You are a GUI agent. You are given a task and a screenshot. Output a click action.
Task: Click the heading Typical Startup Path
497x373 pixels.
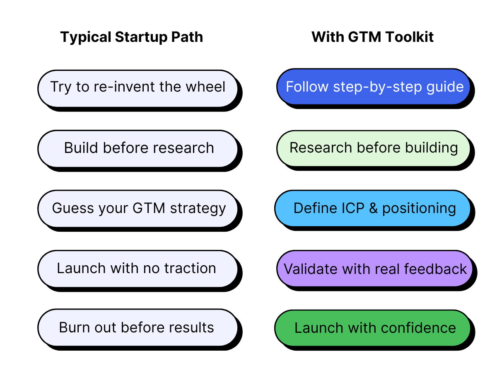[x=132, y=37]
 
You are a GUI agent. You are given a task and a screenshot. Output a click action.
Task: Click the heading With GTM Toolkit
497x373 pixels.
[x=372, y=37]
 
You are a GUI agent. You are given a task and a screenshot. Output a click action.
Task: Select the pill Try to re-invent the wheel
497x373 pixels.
[x=138, y=87]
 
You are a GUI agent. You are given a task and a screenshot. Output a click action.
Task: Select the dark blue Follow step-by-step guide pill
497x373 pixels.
[x=374, y=87]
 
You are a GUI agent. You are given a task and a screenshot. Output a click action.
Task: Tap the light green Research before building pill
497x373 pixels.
[x=373, y=148]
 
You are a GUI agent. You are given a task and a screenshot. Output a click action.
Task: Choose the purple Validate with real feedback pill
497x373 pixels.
[x=375, y=269]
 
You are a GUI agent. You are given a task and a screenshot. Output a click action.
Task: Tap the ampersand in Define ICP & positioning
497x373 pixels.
[x=373, y=208]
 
